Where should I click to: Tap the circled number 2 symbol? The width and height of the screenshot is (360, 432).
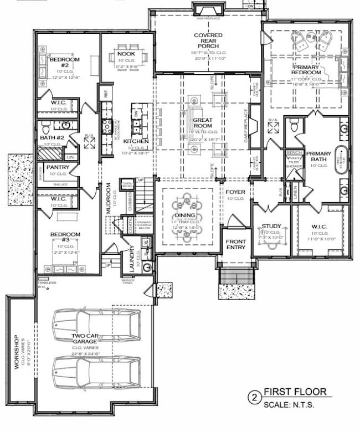tap(254, 398)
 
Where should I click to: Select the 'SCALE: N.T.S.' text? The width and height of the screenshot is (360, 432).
tap(289, 405)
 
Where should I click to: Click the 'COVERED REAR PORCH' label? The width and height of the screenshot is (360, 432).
tap(208, 40)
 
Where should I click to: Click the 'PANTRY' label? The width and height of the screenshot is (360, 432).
tap(58, 167)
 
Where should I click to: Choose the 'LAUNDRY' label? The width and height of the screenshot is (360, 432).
tap(128, 256)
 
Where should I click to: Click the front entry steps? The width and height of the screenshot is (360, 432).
tap(237, 276)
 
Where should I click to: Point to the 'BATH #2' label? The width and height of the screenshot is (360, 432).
tap(51, 137)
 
